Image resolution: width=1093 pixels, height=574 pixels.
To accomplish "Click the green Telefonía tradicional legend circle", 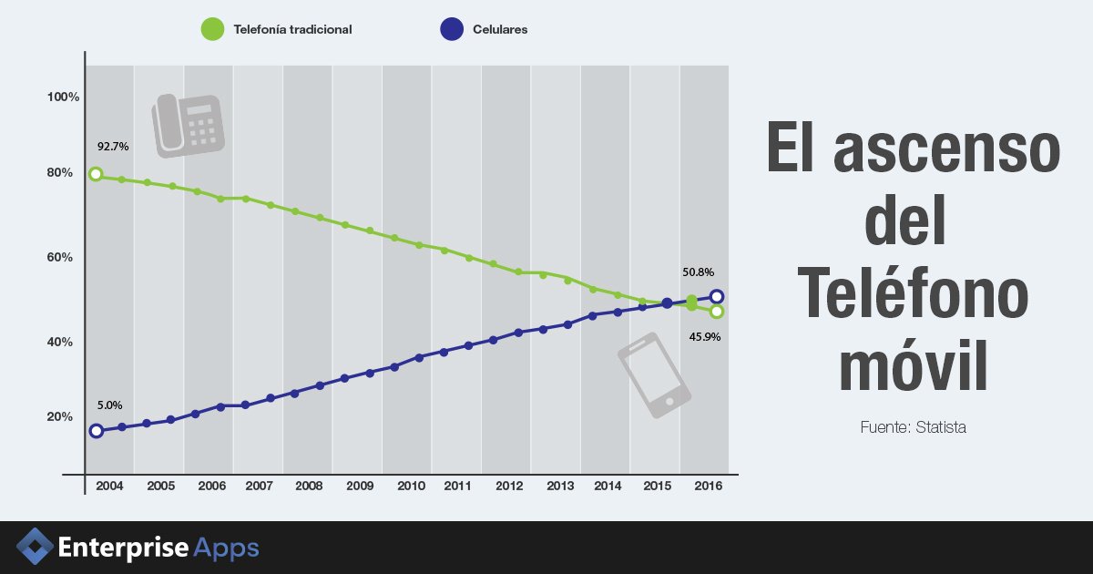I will click(x=212, y=29).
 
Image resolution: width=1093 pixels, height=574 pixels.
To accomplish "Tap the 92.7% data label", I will click(x=113, y=146).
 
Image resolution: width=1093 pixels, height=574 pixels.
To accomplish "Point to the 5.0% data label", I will click(x=109, y=405).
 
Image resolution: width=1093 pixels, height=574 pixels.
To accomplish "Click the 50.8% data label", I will click(x=698, y=272).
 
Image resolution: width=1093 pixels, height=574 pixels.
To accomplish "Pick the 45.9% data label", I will click(x=705, y=336).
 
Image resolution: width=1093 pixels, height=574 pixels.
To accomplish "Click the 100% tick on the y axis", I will click(x=64, y=97).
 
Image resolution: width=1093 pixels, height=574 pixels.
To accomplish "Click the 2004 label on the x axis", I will click(x=110, y=487).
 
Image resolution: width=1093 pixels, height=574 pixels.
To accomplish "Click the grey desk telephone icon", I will click(x=188, y=123).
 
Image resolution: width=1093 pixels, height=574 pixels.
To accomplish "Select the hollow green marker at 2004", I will click(x=96, y=174).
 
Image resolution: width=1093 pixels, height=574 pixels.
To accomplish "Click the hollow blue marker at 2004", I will click(x=96, y=431).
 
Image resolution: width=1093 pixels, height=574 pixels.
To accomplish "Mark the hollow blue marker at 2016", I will click(x=717, y=296).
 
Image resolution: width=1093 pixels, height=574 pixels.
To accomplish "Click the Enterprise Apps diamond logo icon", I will click(x=36, y=547).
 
